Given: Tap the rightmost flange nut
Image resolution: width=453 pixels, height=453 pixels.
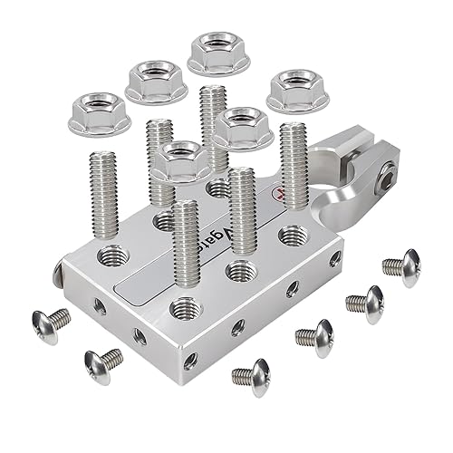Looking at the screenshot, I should (x=294, y=89).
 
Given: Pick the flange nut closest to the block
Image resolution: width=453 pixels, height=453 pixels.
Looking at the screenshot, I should (x=181, y=161).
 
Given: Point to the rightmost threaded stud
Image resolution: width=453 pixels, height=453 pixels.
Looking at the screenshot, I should (x=294, y=168).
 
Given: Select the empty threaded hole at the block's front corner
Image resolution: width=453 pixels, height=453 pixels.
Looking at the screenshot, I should (x=185, y=307).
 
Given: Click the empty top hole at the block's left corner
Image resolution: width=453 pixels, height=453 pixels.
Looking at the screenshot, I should (x=111, y=256).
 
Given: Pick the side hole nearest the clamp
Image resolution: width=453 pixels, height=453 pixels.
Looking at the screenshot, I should (x=335, y=259).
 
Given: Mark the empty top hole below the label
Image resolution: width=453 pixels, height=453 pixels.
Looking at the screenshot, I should (x=238, y=270).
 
